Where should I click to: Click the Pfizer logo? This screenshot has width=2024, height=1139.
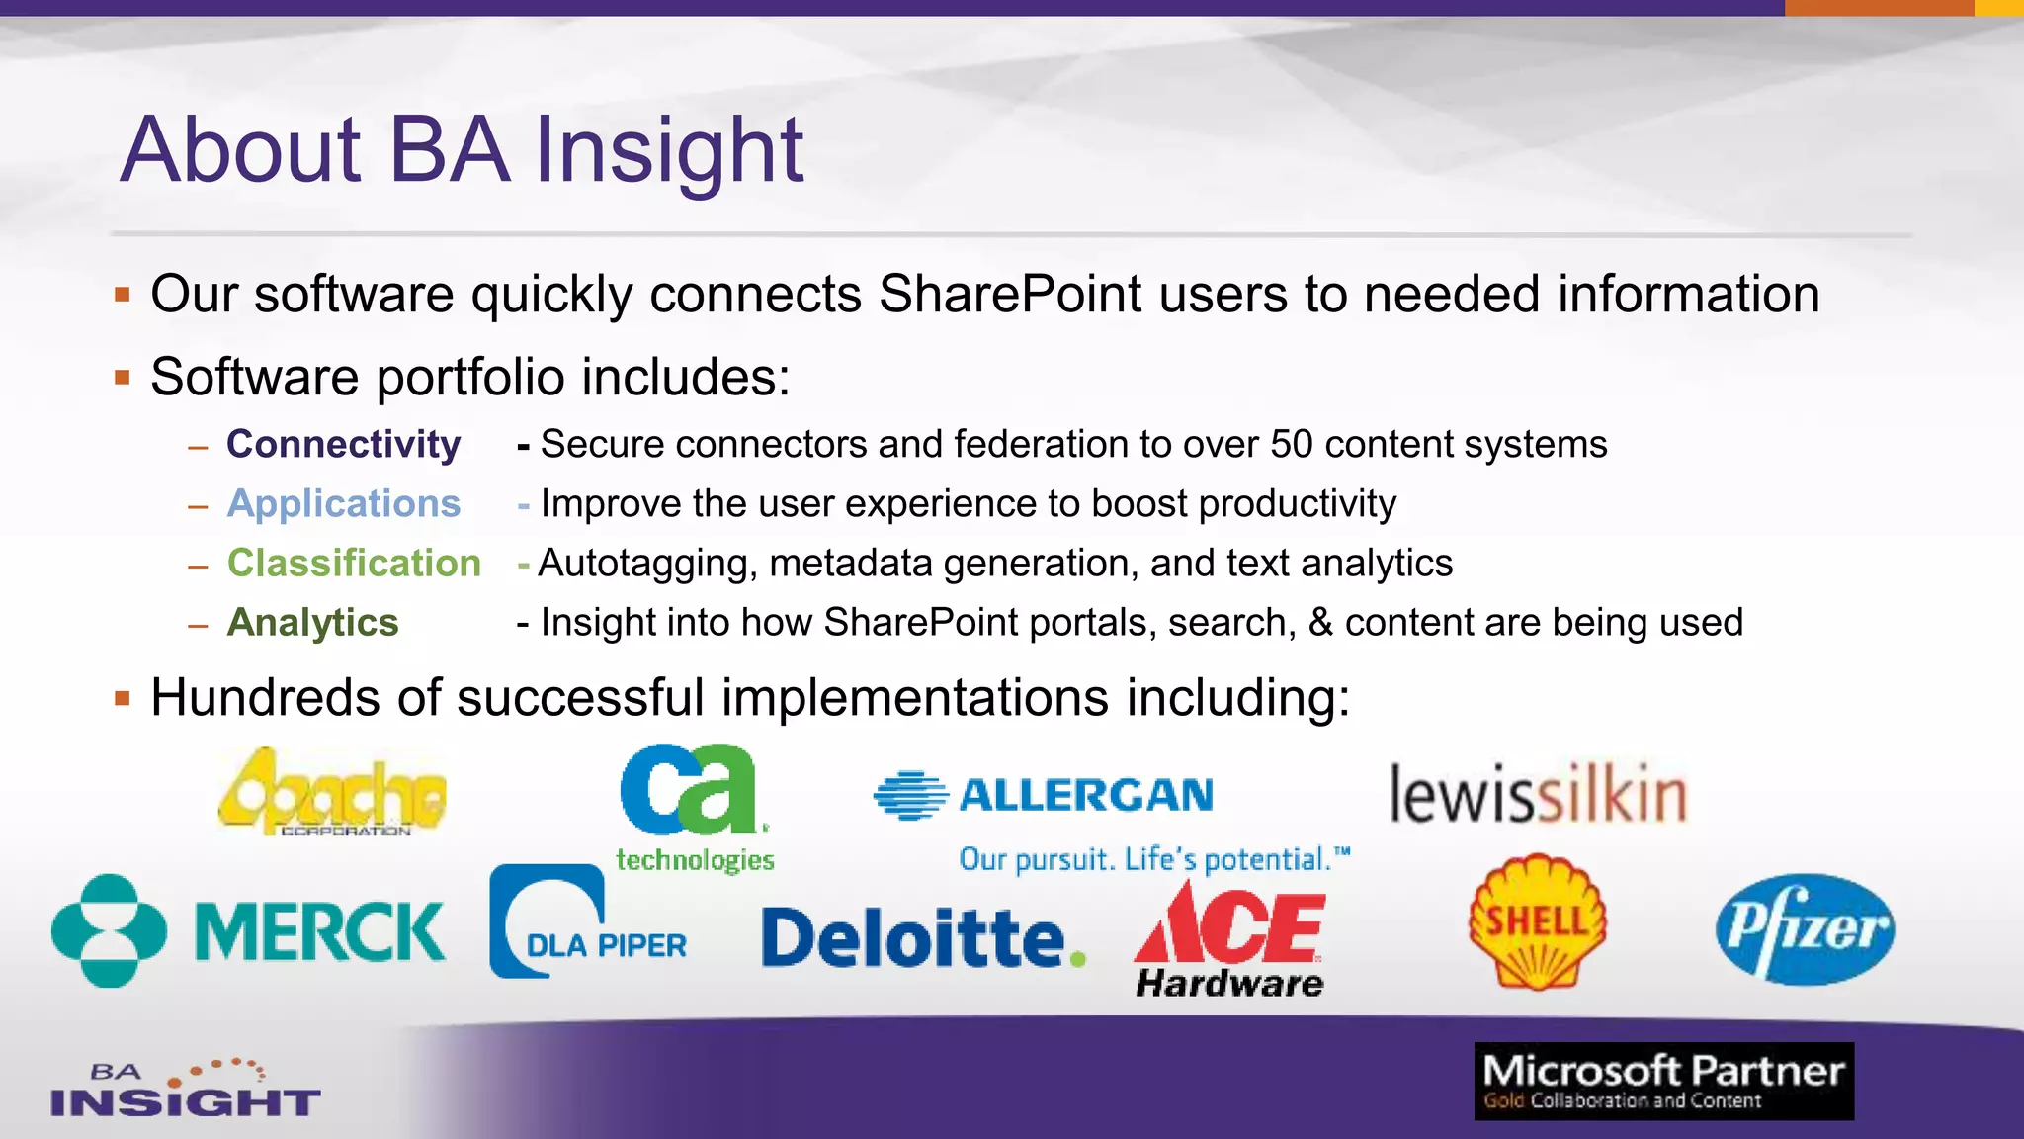(x=1805, y=929)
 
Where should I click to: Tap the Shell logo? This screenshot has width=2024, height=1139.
(x=1537, y=922)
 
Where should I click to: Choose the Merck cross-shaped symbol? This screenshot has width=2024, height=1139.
(x=109, y=930)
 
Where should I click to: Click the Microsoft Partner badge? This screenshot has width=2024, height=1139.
(x=1663, y=1081)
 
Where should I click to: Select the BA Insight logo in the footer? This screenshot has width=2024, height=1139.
(x=185, y=1089)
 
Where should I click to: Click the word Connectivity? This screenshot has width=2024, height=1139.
(x=343, y=444)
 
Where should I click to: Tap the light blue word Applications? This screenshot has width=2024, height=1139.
(x=343, y=503)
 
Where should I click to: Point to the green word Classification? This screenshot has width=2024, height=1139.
(x=354, y=563)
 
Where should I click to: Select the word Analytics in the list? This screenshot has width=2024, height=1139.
(x=312, y=622)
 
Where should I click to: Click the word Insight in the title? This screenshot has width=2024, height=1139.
(x=669, y=150)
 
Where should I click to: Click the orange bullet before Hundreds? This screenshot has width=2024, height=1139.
(x=123, y=699)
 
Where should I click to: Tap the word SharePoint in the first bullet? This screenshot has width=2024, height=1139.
(x=1009, y=294)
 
